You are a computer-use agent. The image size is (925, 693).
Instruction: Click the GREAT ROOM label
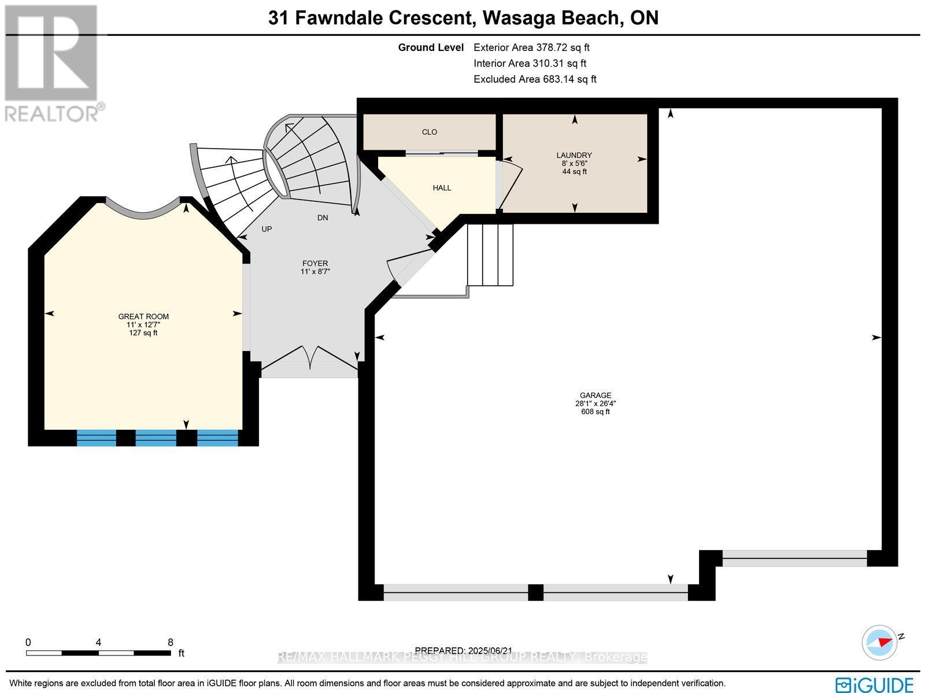click(x=143, y=316)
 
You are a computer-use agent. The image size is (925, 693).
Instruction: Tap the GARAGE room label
click(x=595, y=396)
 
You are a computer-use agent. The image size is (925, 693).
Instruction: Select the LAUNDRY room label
click(x=574, y=155)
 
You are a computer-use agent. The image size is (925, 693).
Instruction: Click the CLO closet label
click(x=429, y=132)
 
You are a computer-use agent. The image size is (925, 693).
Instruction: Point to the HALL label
click(x=442, y=188)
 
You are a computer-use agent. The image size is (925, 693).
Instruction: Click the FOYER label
click(x=315, y=263)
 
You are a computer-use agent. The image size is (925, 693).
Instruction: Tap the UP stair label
click(x=267, y=229)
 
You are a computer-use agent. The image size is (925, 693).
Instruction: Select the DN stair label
click(x=323, y=218)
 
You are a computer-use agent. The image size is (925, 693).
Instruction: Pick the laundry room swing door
click(x=511, y=185)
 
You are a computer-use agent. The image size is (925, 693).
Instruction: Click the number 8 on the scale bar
click(x=170, y=642)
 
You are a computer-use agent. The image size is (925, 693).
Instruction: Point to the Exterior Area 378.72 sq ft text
click(x=531, y=48)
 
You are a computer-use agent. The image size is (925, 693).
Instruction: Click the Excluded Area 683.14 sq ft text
click(x=535, y=79)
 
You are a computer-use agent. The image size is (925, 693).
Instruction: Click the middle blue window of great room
click(x=156, y=438)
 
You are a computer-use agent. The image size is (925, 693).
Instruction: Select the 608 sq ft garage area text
click(x=595, y=412)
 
